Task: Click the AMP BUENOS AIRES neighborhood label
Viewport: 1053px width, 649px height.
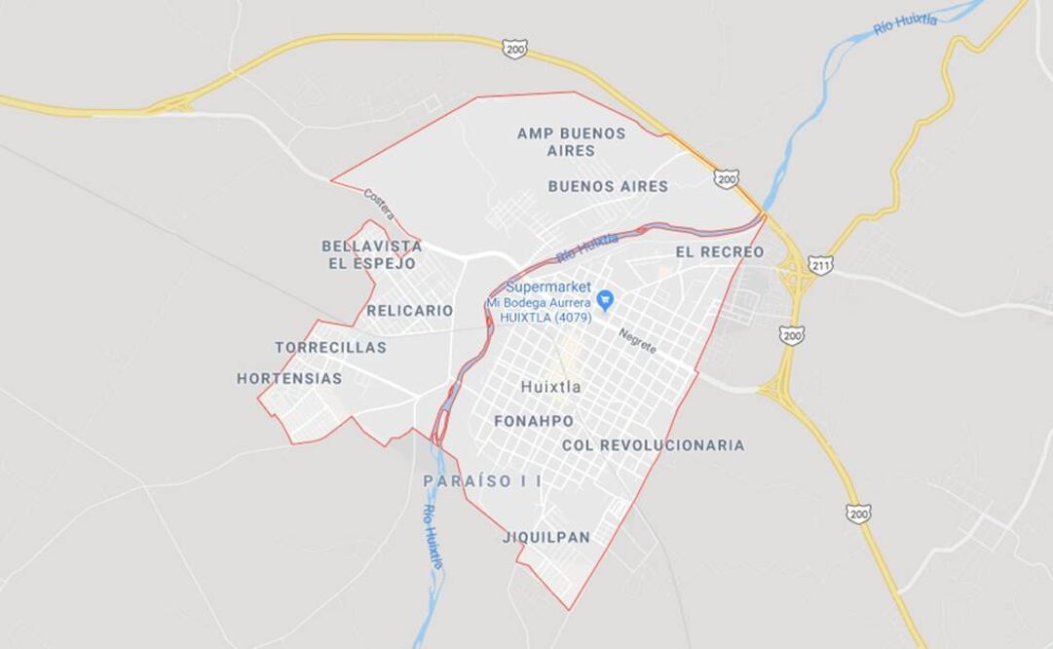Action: point(571,142)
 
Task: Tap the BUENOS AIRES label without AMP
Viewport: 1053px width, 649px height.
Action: point(608,186)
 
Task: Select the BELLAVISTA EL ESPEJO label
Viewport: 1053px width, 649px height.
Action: point(372,254)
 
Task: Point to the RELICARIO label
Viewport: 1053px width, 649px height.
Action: point(410,311)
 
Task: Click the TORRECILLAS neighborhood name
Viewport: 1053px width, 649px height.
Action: point(330,348)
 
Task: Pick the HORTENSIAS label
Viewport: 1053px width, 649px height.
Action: point(289,378)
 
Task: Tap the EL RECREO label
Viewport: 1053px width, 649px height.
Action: point(719,252)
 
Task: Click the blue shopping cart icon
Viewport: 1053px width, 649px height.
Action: point(604,298)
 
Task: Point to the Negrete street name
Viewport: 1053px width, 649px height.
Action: point(637,340)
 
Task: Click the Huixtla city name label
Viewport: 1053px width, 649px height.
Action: point(550,387)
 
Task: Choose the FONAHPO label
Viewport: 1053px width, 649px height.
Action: point(534,421)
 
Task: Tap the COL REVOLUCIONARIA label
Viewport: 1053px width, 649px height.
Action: point(653,445)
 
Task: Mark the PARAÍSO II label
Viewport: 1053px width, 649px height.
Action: point(483,481)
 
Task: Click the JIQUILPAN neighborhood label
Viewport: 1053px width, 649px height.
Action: point(546,537)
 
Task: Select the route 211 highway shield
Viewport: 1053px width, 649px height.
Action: point(820,264)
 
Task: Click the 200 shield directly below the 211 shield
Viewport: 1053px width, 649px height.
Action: point(792,335)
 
